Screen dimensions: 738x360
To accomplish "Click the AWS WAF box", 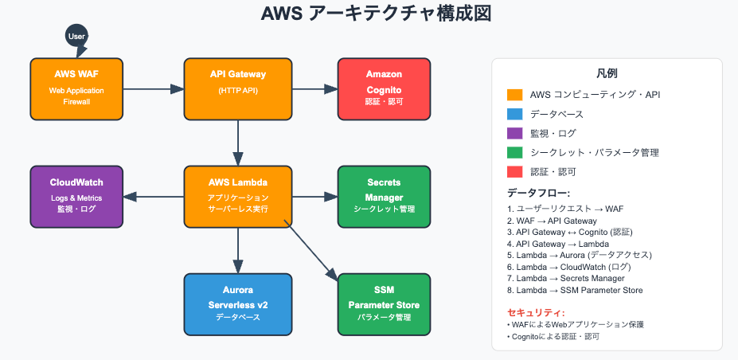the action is point(76,89).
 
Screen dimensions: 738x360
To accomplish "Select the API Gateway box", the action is point(238,89).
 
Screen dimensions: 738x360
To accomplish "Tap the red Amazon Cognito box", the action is point(384,89).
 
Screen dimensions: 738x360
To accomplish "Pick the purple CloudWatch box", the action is point(76,197).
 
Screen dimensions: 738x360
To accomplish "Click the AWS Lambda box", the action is point(238,197).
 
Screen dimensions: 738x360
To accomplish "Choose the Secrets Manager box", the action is point(384,197).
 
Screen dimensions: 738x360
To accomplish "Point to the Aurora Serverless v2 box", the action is point(238,304).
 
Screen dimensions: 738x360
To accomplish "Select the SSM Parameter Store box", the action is point(384,304).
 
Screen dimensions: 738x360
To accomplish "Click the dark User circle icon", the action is point(76,36).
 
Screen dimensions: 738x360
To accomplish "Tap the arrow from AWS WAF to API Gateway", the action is point(154,89).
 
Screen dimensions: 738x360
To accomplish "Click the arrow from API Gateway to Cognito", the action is point(315,89).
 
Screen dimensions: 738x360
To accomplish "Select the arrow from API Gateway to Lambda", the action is point(238,143).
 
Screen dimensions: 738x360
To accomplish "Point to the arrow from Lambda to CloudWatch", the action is point(154,197).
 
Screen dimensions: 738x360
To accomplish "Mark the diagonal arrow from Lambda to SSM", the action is point(310,250).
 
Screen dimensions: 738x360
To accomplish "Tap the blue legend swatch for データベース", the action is point(514,114).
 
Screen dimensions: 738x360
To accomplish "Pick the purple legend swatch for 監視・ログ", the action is point(514,133).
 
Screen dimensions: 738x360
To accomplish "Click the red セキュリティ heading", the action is point(536,312).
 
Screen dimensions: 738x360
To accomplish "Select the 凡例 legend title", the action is point(607,73).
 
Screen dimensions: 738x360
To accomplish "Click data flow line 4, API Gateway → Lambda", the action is point(558,245).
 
